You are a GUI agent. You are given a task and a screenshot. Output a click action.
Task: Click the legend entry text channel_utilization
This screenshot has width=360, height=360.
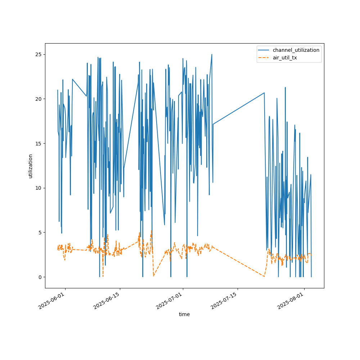coord(296,50)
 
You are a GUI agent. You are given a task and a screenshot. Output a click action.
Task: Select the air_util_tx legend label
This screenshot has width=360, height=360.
coord(285,58)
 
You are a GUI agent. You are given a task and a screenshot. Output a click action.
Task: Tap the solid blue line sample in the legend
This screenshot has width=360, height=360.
coord(264,50)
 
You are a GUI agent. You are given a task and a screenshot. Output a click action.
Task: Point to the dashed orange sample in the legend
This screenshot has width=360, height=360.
coord(264,58)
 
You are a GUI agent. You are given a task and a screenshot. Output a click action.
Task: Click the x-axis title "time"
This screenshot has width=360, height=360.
coord(184,314)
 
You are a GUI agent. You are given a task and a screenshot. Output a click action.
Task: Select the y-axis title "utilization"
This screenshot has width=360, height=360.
coord(31,166)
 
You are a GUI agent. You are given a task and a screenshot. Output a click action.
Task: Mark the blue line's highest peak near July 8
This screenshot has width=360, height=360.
coord(212,55)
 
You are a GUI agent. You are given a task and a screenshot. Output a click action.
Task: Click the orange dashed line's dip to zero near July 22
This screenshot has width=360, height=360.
coord(264,276)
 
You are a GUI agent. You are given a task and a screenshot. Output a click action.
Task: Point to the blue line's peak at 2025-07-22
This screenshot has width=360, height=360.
coord(264,93)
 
